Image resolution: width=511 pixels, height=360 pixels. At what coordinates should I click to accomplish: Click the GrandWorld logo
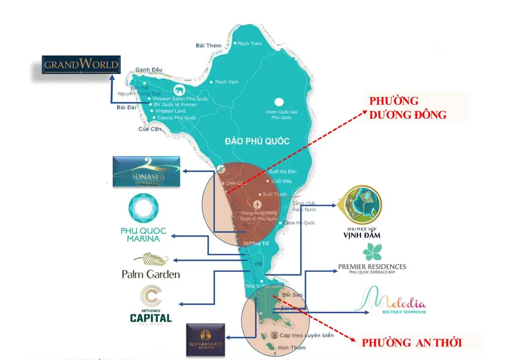[81, 65]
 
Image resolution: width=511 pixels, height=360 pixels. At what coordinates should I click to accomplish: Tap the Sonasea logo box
[146, 171]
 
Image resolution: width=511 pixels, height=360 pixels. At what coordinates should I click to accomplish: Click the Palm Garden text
[151, 274]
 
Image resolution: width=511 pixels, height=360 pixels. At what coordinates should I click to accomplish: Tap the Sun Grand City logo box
[205, 340]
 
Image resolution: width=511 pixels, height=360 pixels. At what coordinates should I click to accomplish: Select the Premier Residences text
[372, 267]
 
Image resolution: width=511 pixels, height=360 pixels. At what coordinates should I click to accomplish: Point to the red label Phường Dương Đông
[408, 108]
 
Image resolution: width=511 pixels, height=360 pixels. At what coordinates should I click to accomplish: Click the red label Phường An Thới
[411, 343]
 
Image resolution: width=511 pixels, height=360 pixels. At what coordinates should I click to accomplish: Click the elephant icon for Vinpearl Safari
[178, 90]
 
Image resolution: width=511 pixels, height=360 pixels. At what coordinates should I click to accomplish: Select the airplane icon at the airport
[258, 204]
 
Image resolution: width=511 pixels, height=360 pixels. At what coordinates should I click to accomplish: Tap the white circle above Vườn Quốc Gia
[278, 102]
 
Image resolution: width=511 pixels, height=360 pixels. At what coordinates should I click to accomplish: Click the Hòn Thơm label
[289, 348]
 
